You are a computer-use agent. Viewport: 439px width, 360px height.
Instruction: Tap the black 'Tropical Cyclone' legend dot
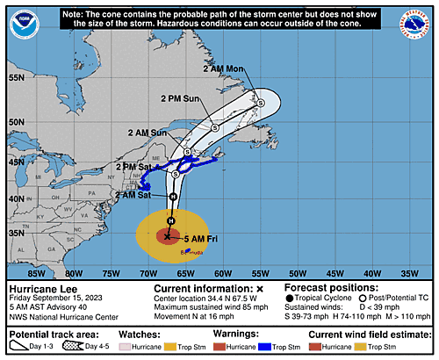(290, 299)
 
